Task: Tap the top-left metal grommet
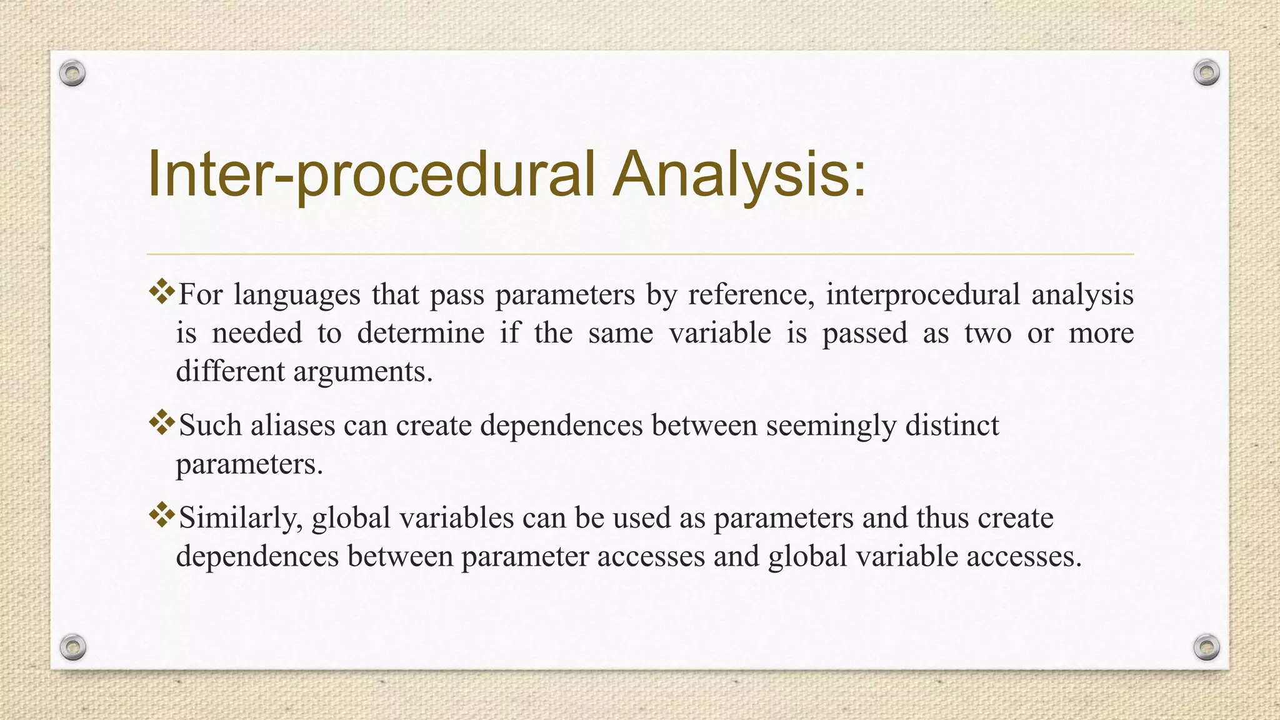coord(72,74)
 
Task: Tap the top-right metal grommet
coord(1206,73)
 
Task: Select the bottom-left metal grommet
coord(72,647)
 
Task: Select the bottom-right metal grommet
coord(1206,647)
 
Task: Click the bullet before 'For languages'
coord(162,292)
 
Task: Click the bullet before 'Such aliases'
coord(162,423)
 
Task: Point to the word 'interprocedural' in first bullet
coord(922,294)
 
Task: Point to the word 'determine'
coord(421,333)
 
